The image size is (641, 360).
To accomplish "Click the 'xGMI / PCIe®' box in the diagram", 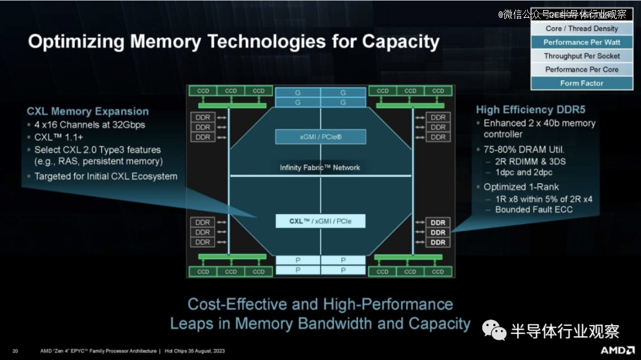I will click(x=320, y=137).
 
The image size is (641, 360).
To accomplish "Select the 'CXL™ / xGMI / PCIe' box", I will click(x=320, y=221).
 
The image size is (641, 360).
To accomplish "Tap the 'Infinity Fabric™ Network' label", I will click(x=320, y=168).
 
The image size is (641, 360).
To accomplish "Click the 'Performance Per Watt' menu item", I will click(x=582, y=42).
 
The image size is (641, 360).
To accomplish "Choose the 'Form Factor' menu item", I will click(x=582, y=83).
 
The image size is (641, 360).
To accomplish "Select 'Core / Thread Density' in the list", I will click(x=582, y=28).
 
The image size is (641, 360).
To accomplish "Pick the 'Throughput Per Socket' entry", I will click(x=582, y=56).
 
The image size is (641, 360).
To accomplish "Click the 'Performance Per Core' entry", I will click(x=582, y=69).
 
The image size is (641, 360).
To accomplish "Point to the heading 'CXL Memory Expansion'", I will click(x=88, y=111).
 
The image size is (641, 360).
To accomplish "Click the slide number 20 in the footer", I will click(x=15, y=351).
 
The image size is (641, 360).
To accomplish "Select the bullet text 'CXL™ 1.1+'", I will click(x=59, y=137).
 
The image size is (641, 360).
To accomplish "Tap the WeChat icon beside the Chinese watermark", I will click(x=494, y=330).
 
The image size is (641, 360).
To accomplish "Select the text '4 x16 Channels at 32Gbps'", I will click(x=90, y=125).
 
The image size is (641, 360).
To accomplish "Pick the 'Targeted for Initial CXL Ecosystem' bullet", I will click(x=106, y=176).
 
